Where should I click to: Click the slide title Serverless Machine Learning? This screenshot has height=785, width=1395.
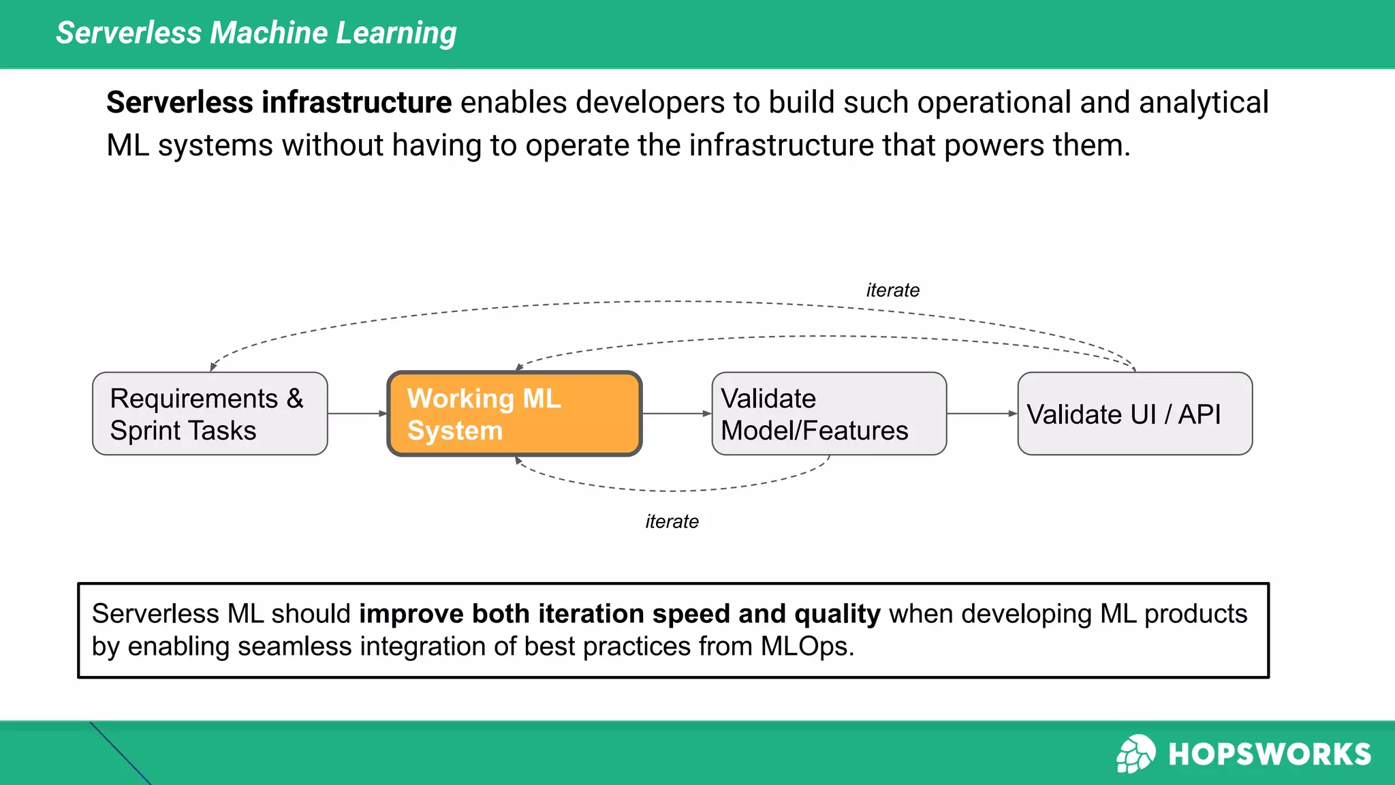click(256, 33)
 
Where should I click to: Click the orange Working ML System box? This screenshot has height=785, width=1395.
click(514, 414)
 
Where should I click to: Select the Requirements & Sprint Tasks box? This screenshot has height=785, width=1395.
click(210, 414)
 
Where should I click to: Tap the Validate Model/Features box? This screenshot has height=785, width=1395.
click(828, 414)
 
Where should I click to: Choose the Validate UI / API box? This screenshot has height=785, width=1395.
click(1135, 414)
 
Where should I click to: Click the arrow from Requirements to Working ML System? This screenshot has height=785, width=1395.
click(357, 414)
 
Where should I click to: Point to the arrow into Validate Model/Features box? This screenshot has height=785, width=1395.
click(676, 414)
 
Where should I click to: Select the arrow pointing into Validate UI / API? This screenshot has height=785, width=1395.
click(982, 414)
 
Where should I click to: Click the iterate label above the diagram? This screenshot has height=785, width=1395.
click(892, 290)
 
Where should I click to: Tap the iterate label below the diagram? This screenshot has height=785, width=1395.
click(672, 522)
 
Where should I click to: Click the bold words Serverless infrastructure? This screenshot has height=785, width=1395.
click(279, 103)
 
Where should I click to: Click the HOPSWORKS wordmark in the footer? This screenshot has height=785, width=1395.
click(1269, 754)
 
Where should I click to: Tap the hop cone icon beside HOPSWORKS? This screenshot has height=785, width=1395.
click(1135, 754)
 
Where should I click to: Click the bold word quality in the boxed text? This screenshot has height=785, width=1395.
click(837, 614)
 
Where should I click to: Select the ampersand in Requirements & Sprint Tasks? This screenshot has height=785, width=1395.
click(294, 399)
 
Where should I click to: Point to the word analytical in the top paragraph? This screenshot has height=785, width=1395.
click(1203, 103)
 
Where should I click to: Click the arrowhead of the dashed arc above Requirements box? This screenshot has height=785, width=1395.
click(213, 367)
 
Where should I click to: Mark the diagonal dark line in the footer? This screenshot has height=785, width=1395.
click(120, 753)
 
